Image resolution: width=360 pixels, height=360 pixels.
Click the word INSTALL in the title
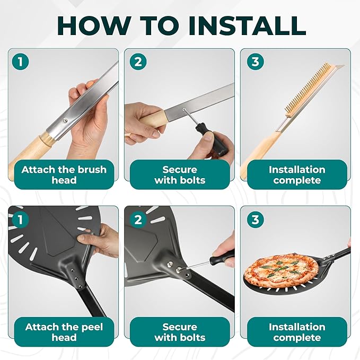pyautogui.click(x=247, y=25)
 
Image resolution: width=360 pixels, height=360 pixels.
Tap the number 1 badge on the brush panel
pyautogui.click(x=21, y=62)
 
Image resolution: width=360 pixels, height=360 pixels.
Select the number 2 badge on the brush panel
pyautogui.click(x=138, y=62)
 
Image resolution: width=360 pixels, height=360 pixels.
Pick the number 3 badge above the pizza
pyautogui.click(x=256, y=219)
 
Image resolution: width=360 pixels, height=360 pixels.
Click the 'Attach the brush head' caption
pyautogui.click(x=64, y=175)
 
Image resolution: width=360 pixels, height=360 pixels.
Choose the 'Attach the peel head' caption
pyautogui.click(x=64, y=332)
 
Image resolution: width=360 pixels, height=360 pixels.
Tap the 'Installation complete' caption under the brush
pyautogui.click(x=297, y=175)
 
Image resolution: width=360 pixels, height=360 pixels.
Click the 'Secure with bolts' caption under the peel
pyautogui.click(x=180, y=332)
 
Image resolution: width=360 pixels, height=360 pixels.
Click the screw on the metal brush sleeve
pyautogui.click(x=66, y=120)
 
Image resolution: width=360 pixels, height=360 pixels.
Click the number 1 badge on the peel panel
pyautogui.click(x=21, y=219)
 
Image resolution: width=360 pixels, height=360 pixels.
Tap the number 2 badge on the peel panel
pyautogui.click(x=138, y=219)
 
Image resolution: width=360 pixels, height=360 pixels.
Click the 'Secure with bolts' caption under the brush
pyautogui.click(x=180, y=175)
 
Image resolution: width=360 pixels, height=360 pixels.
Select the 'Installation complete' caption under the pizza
pyautogui.click(x=297, y=332)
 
